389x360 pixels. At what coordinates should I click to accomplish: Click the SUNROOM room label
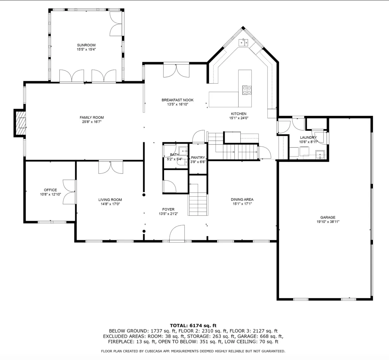coord(86,45)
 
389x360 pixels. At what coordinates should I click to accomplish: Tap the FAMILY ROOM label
coord(92,118)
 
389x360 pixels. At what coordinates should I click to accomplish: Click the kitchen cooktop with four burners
coord(247,90)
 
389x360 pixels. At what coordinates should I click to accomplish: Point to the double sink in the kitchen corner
coord(243,42)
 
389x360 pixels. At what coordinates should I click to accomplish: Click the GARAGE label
coord(328,217)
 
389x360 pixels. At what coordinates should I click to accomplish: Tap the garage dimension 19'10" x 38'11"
coord(328,222)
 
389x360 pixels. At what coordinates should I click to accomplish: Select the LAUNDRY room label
coord(308,137)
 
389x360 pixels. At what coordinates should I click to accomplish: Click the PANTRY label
coord(198,157)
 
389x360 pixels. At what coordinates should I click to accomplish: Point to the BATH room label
coord(174,155)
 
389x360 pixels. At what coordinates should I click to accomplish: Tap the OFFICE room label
coord(50,190)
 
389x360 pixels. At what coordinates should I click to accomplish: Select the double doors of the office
coord(69,192)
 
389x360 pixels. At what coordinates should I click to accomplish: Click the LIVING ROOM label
coord(110,200)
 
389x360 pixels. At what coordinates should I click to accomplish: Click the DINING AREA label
coord(242,199)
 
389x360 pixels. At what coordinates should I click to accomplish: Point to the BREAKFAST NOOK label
coord(177,100)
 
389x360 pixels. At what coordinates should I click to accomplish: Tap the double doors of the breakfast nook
coord(176,70)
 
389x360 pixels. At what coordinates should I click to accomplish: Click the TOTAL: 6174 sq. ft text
coord(193,326)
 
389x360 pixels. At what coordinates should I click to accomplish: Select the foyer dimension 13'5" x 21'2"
coord(168,214)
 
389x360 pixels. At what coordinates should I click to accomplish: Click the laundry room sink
coord(320,155)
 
